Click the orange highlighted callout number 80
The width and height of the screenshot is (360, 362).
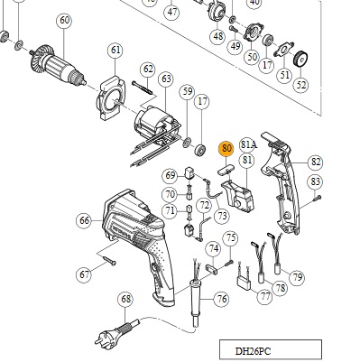(x=226, y=149)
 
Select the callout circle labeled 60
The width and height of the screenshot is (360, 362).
(x=64, y=21)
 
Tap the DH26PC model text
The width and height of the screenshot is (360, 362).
(x=253, y=351)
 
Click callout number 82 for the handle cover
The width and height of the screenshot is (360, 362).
(x=316, y=162)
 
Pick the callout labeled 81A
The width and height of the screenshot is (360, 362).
(x=249, y=145)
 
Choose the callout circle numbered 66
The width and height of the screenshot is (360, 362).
(x=84, y=220)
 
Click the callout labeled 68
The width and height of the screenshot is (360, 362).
(x=125, y=300)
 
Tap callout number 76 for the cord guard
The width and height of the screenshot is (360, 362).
(x=222, y=299)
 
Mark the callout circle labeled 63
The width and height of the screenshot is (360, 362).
(x=166, y=79)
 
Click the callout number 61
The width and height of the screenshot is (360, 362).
(x=115, y=50)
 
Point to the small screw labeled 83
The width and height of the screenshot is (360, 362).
(x=317, y=199)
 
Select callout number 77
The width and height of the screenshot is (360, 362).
(x=265, y=296)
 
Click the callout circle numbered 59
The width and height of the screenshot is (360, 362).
(x=188, y=91)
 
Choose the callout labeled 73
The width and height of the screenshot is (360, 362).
(x=222, y=216)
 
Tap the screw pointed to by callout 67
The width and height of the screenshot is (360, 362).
(x=109, y=261)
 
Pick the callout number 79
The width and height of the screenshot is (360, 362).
(x=297, y=277)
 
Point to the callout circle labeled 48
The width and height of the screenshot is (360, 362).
(x=218, y=36)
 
